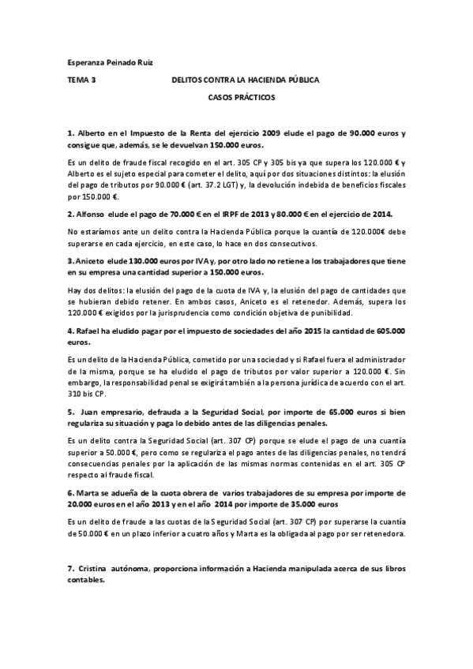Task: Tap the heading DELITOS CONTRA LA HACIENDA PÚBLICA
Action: [245, 80]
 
